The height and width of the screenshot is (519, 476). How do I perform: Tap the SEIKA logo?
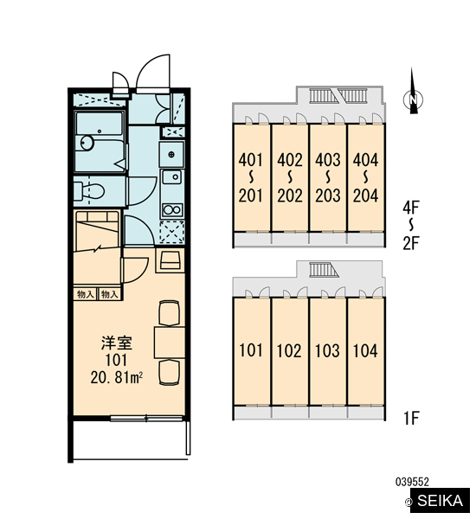tap(436, 501)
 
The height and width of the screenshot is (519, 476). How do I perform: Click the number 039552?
tap(412, 482)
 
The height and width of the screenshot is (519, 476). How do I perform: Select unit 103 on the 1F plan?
tap(328, 351)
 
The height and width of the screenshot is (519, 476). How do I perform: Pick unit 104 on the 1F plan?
tap(366, 351)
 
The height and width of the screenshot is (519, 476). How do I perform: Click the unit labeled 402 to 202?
tap(290, 177)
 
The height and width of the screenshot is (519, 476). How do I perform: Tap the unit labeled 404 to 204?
tap(366, 177)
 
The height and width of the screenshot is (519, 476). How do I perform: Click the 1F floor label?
tap(411, 418)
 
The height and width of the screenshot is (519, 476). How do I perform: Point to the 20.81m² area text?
tap(117, 377)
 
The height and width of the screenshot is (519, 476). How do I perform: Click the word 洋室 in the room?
tap(117, 343)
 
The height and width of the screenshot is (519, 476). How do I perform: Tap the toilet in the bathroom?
tap(89, 192)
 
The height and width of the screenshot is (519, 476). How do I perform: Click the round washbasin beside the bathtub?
tap(87, 143)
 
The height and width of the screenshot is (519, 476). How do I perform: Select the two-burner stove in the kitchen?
tap(172, 210)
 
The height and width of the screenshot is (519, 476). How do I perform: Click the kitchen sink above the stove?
tap(172, 177)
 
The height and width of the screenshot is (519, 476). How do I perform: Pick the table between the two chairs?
tap(170, 343)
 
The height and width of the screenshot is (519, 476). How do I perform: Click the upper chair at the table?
tap(170, 313)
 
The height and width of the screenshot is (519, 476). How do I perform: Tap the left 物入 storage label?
tap(85, 294)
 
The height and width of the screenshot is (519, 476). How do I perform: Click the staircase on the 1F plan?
tap(324, 269)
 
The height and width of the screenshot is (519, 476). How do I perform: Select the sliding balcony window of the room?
tap(146, 419)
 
